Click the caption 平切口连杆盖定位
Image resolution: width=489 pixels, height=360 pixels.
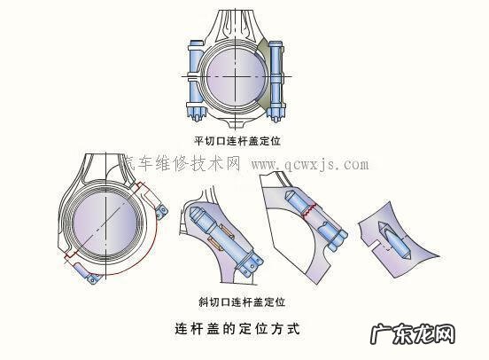(x=242, y=141)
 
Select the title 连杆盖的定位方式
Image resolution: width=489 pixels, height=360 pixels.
(x=239, y=328)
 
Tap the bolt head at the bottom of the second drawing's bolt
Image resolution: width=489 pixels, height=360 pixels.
(x=252, y=262)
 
